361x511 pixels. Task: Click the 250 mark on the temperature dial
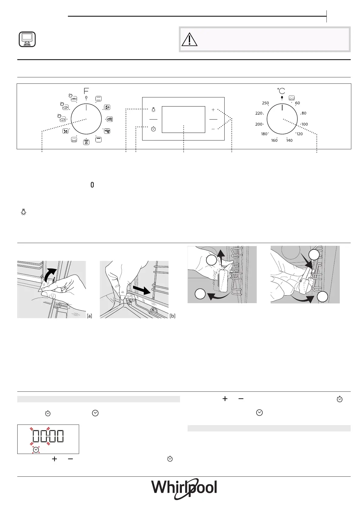[x=265, y=103]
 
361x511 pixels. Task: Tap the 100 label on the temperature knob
[x=305, y=124]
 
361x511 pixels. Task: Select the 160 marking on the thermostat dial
[x=274, y=140]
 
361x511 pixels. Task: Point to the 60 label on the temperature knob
[x=298, y=103]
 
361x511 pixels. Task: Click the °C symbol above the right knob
[x=281, y=91]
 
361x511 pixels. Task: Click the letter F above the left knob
[x=86, y=90]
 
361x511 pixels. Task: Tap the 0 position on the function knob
[x=86, y=98]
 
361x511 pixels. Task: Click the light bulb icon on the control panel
[x=153, y=110]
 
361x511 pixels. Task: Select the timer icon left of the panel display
[x=153, y=129]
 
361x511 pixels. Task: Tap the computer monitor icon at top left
[x=27, y=39]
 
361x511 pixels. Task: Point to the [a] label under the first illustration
[x=89, y=316]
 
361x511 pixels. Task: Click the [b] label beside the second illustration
[x=172, y=316]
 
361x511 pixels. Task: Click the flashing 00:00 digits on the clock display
[x=48, y=436]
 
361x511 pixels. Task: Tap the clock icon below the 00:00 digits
[x=36, y=449]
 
